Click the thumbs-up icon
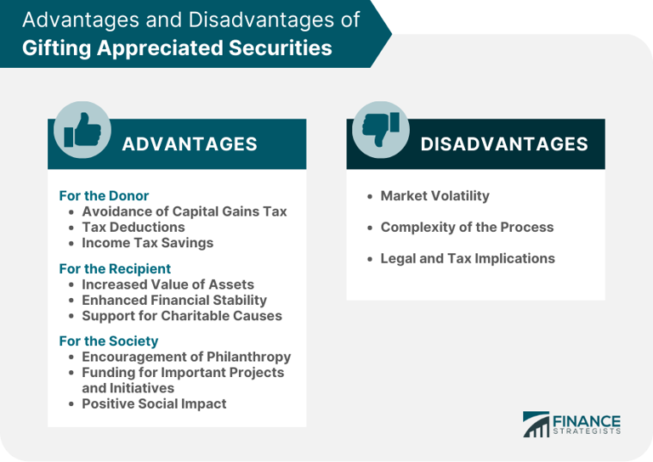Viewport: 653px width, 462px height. pos(82,130)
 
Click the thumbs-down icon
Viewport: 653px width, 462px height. pos(381,130)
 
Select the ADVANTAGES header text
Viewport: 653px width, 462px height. pos(190,144)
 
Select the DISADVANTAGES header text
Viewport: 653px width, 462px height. pos(504,144)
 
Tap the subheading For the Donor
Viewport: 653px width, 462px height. pos(104,195)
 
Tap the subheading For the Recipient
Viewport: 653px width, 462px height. pos(114,268)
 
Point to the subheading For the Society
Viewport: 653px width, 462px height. pos(109,341)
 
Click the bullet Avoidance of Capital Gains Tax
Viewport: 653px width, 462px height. pos(184,211)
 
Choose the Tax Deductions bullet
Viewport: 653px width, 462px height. pos(133,227)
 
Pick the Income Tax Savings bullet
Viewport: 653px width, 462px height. pos(147,242)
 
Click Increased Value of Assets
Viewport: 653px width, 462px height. pos(168,285)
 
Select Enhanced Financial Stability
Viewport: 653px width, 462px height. pos(173,300)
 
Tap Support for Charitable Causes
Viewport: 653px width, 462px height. pos(181,315)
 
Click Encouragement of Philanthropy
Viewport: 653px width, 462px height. pos(185,357)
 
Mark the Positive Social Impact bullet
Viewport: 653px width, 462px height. pos(154,403)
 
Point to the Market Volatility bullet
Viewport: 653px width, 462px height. pos(434,196)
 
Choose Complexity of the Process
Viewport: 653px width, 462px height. pos(467,227)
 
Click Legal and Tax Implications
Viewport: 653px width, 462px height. pos(467,258)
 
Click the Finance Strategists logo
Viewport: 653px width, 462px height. pos(571,424)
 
